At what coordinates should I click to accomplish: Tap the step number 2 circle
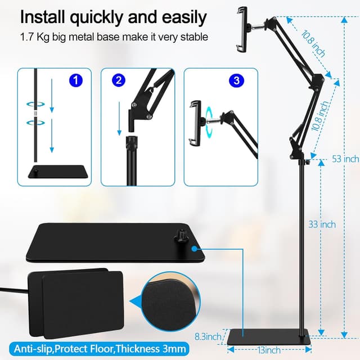point(118,80)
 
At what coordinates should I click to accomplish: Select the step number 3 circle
point(236,80)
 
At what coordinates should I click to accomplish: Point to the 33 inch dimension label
point(322,224)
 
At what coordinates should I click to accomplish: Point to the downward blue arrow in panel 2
point(120,121)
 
